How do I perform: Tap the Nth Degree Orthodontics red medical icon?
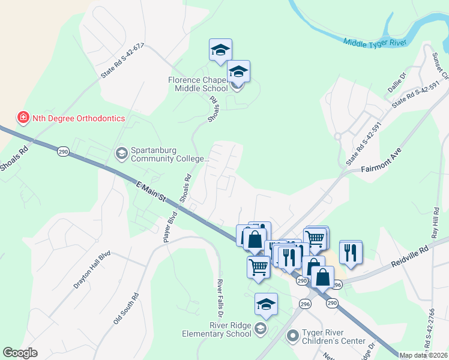tap(23, 118)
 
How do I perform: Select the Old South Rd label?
tap(126, 309)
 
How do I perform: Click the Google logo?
tap(20, 353)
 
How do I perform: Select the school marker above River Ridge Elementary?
tap(266, 304)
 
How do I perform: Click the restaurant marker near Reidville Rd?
tap(351, 252)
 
